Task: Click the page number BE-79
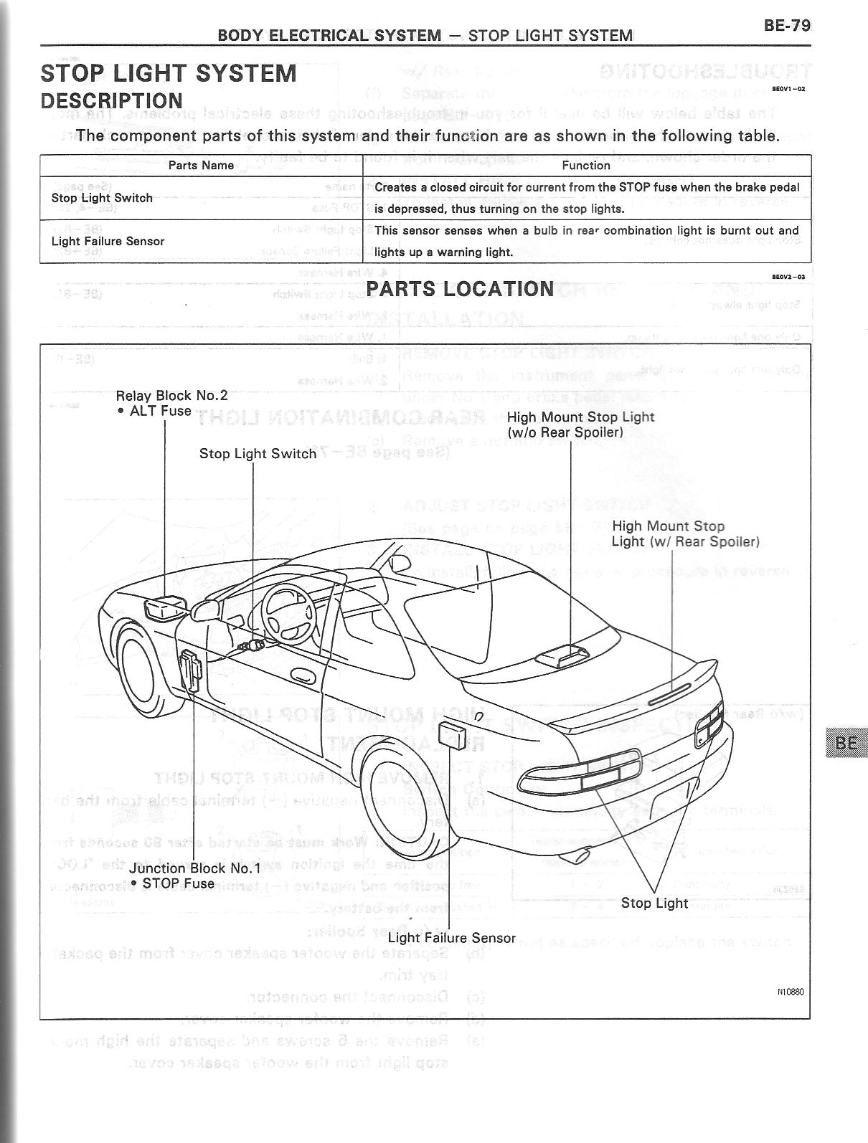coord(787,26)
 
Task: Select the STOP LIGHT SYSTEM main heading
coord(169,74)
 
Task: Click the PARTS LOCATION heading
coord(460,289)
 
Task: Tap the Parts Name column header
coord(201,166)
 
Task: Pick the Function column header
coord(586,166)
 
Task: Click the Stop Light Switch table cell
coord(102,198)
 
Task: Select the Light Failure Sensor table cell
coord(108,242)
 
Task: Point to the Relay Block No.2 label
coord(171,396)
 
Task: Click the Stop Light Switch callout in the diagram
coord(258,454)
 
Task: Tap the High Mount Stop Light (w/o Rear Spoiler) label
coord(580,425)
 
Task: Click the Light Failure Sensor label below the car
coord(451,938)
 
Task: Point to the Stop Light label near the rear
coord(654,904)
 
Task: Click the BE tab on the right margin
coord(846,743)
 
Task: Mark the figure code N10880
coord(791,992)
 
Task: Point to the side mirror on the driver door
coord(207,610)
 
